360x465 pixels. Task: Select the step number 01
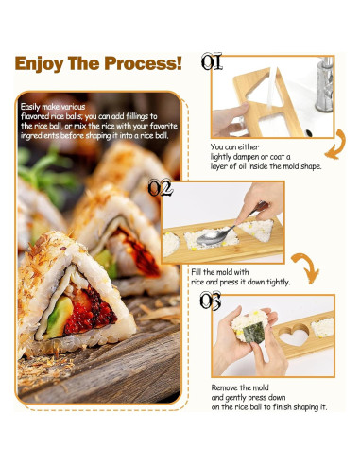tap(212, 61)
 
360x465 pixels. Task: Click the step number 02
tap(161, 188)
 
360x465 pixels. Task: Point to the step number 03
tap(211, 301)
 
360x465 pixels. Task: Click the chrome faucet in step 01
tap(325, 84)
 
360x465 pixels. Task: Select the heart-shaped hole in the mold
tap(294, 335)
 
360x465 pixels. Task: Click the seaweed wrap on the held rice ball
tap(253, 333)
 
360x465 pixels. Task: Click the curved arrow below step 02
tap(307, 267)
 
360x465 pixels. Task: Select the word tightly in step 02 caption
tap(278, 283)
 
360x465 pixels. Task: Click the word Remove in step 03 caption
tap(225, 387)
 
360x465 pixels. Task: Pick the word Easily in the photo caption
tap(30, 107)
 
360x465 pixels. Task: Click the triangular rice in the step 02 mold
tap(257, 231)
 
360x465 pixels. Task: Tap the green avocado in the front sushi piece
tap(59, 317)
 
